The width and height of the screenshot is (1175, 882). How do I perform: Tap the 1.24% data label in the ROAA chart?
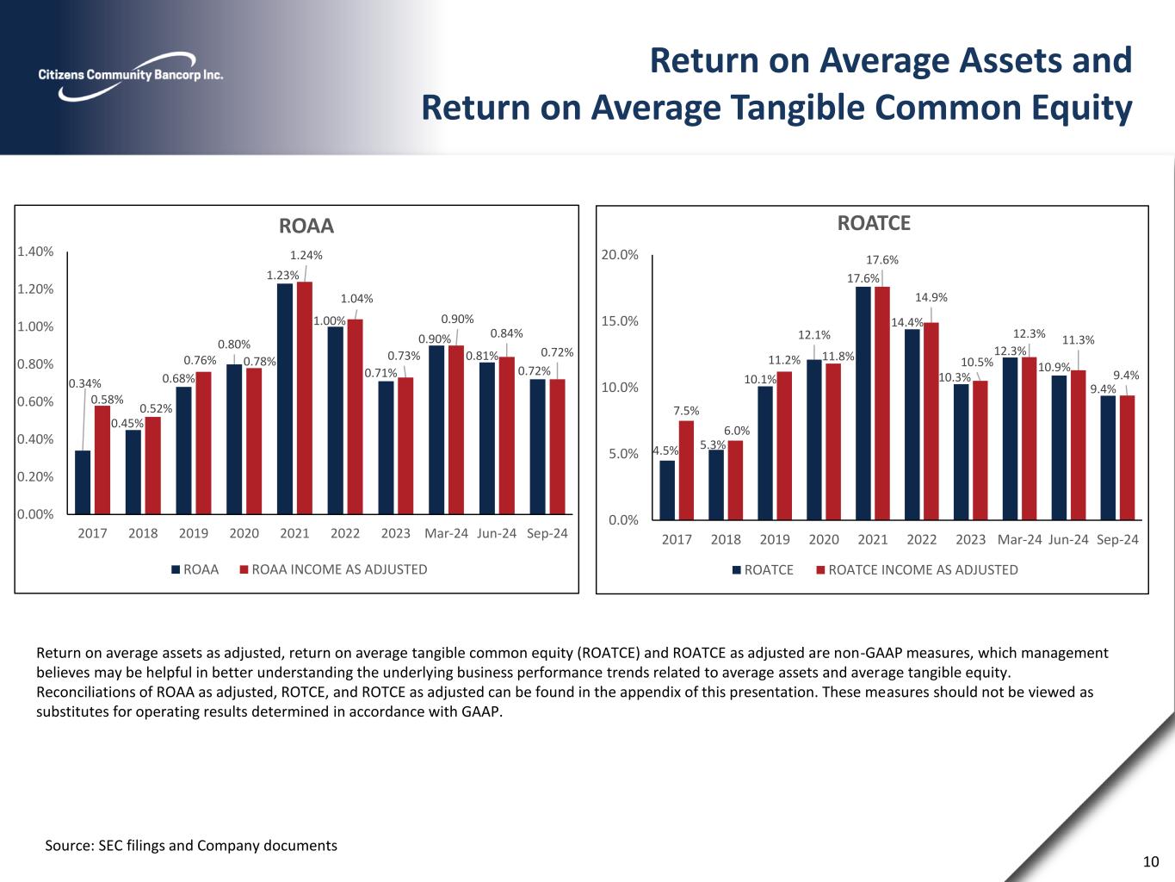[x=306, y=255]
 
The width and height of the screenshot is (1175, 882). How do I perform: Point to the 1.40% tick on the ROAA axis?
[x=36, y=252]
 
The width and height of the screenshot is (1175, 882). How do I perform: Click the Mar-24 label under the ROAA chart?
[x=446, y=533]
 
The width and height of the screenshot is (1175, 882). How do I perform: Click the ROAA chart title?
[x=306, y=226]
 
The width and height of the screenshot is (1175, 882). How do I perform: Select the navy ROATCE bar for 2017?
[x=667, y=489]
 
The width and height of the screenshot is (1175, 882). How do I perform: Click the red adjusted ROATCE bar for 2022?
[x=931, y=420]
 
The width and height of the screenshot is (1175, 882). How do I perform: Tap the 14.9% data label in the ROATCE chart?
[x=931, y=298]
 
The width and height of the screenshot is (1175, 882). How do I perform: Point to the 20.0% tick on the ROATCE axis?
[x=621, y=255]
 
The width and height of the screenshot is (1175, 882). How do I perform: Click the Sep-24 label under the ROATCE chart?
[x=1117, y=539]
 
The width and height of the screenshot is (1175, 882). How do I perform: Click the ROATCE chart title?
[x=874, y=223]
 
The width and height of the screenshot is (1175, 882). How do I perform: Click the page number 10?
[x=1151, y=861]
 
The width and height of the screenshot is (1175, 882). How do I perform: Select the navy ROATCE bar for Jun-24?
[x=1059, y=447]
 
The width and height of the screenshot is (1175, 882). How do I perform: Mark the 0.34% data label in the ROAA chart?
[x=84, y=383]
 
